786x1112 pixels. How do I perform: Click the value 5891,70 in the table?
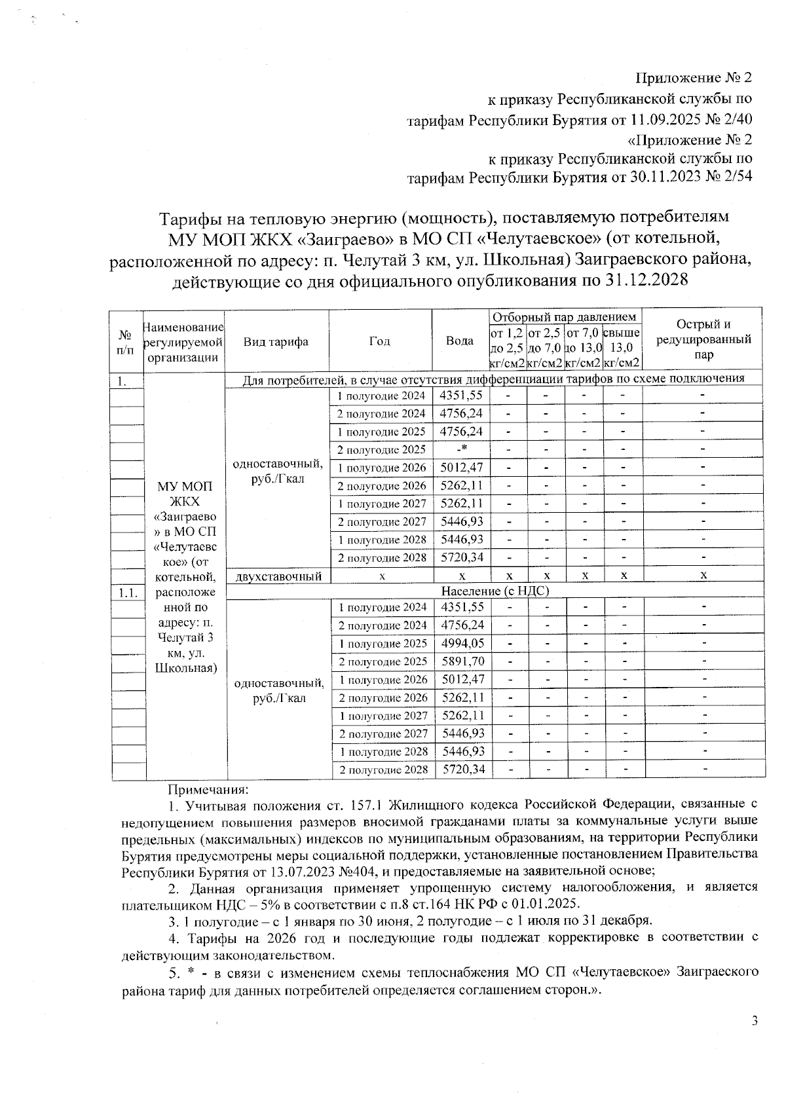463,661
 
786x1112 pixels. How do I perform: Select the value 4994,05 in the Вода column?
463,644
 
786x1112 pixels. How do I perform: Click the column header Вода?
460,341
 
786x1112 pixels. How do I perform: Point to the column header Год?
379,341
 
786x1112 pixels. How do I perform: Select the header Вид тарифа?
276,341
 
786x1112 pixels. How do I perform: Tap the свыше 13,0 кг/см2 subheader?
621,348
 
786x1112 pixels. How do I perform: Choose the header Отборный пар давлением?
564,317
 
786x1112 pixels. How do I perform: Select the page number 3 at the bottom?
754,1021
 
